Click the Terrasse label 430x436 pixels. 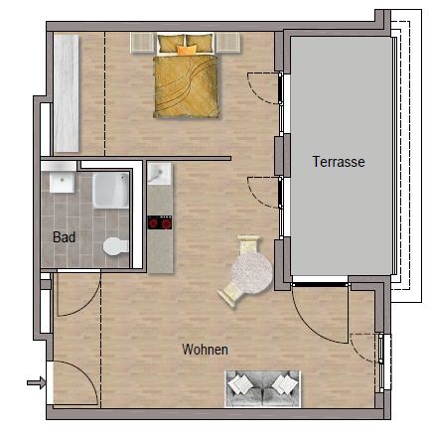coord(339,162)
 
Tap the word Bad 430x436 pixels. coord(65,237)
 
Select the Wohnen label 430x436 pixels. coord(205,350)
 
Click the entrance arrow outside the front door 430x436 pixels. coord(37,382)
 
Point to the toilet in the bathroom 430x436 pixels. coord(115,246)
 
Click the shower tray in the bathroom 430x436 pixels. coord(110,191)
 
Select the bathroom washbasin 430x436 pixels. coord(62,183)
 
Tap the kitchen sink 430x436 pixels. coord(159,174)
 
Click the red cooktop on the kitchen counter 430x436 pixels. coord(160,222)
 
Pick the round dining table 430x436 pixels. coord(251,273)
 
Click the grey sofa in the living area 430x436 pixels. coord(262,389)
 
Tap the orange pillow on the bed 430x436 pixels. coord(187,50)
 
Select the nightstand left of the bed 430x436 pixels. coord(143,43)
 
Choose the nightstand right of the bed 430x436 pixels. coord(228,43)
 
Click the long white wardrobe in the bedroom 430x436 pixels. coord(67,93)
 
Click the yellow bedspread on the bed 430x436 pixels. coord(186,86)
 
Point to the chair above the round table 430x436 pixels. coord(248,244)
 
